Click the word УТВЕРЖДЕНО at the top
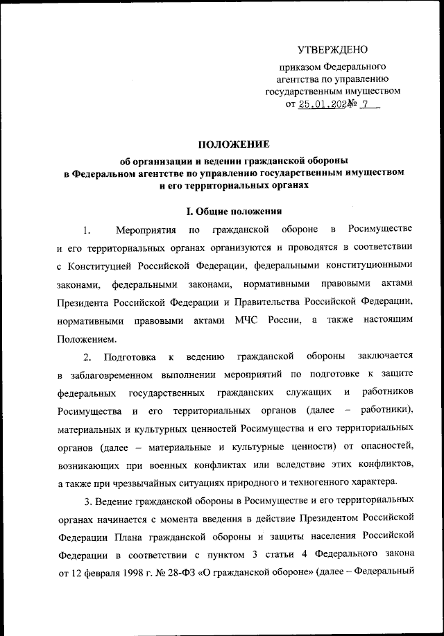pos(332,49)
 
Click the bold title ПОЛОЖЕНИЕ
pos(233,144)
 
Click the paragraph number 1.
pos(86,230)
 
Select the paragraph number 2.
pos(87,357)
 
